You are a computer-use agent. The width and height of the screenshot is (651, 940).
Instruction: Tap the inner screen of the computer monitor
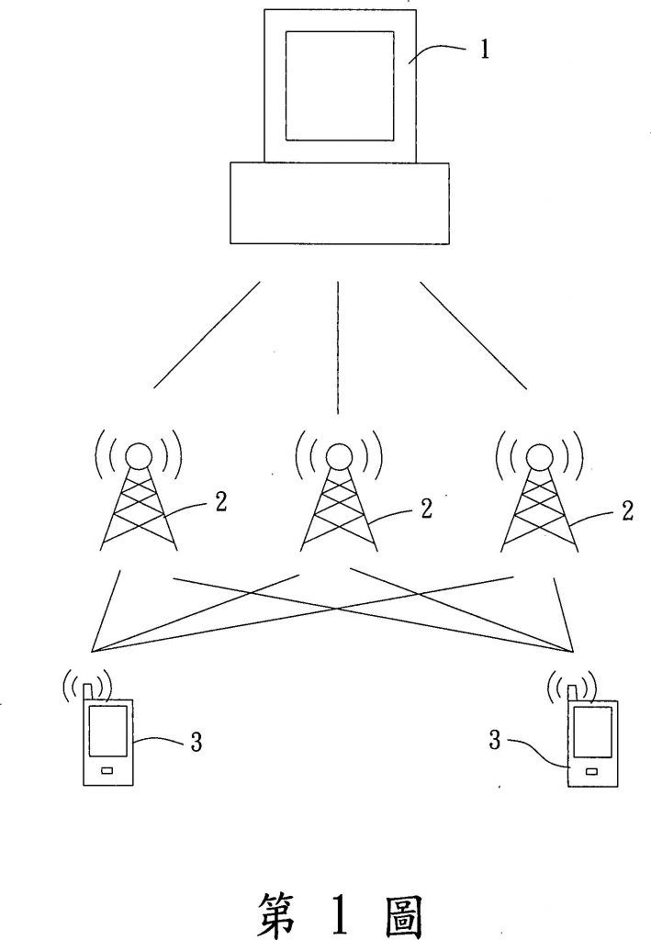point(339,84)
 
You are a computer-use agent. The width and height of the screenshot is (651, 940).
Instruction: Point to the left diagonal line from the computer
point(208,335)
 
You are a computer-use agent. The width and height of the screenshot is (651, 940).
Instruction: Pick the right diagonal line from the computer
point(474,335)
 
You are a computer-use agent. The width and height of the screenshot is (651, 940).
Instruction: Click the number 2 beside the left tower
point(221,503)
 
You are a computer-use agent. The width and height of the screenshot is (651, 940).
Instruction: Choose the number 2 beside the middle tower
point(426,508)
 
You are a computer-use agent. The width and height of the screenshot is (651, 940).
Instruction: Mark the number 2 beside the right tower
point(628,510)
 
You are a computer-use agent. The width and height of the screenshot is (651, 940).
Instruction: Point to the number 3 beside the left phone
point(196,742)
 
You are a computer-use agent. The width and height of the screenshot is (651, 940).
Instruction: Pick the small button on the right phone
point(594,771)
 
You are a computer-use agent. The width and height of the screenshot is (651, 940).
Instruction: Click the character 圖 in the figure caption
point(400,909)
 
